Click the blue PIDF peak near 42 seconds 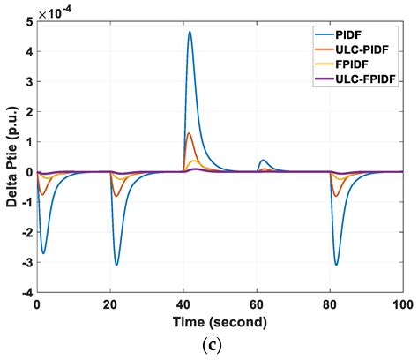(190, 33)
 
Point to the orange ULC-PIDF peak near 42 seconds (189, 133)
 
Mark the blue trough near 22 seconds (116, 265)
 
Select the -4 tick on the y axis (26, 292)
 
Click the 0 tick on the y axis (28, 172)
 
